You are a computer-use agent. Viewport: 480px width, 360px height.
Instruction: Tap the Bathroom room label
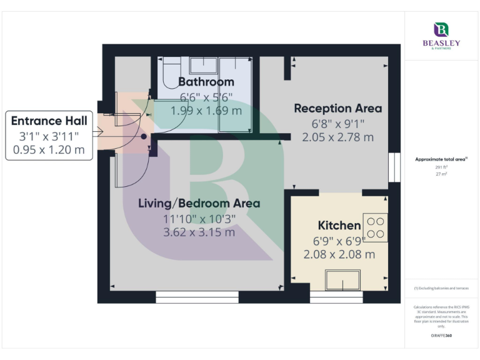pyautogui.click(x=206, y=82)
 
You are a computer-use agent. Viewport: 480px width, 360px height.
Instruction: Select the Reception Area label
pyautogui.click(x=337, y=108)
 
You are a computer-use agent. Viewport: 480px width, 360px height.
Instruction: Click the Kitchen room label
pyautogui.click(x=339, y=225)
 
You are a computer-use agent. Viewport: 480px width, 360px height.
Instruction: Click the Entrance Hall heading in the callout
pyautogui.click(x=49, y=121)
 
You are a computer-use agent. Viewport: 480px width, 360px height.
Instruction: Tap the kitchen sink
pyautogui.click(x=342, y=281)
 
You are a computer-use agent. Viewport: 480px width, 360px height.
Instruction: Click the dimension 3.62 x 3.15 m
pyautogui.click(x=199, y=232)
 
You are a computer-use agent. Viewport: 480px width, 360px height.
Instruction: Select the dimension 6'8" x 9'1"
pyautogui.click(x=337, y=124)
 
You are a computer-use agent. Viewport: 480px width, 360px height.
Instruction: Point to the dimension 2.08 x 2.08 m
pyautogui.click(x=339, y=254)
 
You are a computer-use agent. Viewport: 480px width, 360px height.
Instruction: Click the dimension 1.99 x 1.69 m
pyautogui.click(x=206, y=110)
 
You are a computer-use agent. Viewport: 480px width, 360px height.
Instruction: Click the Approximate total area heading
pyautogui.click(x=441, y=159)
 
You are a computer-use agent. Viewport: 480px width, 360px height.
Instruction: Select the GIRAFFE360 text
pyautogui.click(x=441, y=336)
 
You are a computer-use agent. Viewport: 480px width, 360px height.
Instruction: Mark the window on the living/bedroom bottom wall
pyautogui.click(x=197, y=297)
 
